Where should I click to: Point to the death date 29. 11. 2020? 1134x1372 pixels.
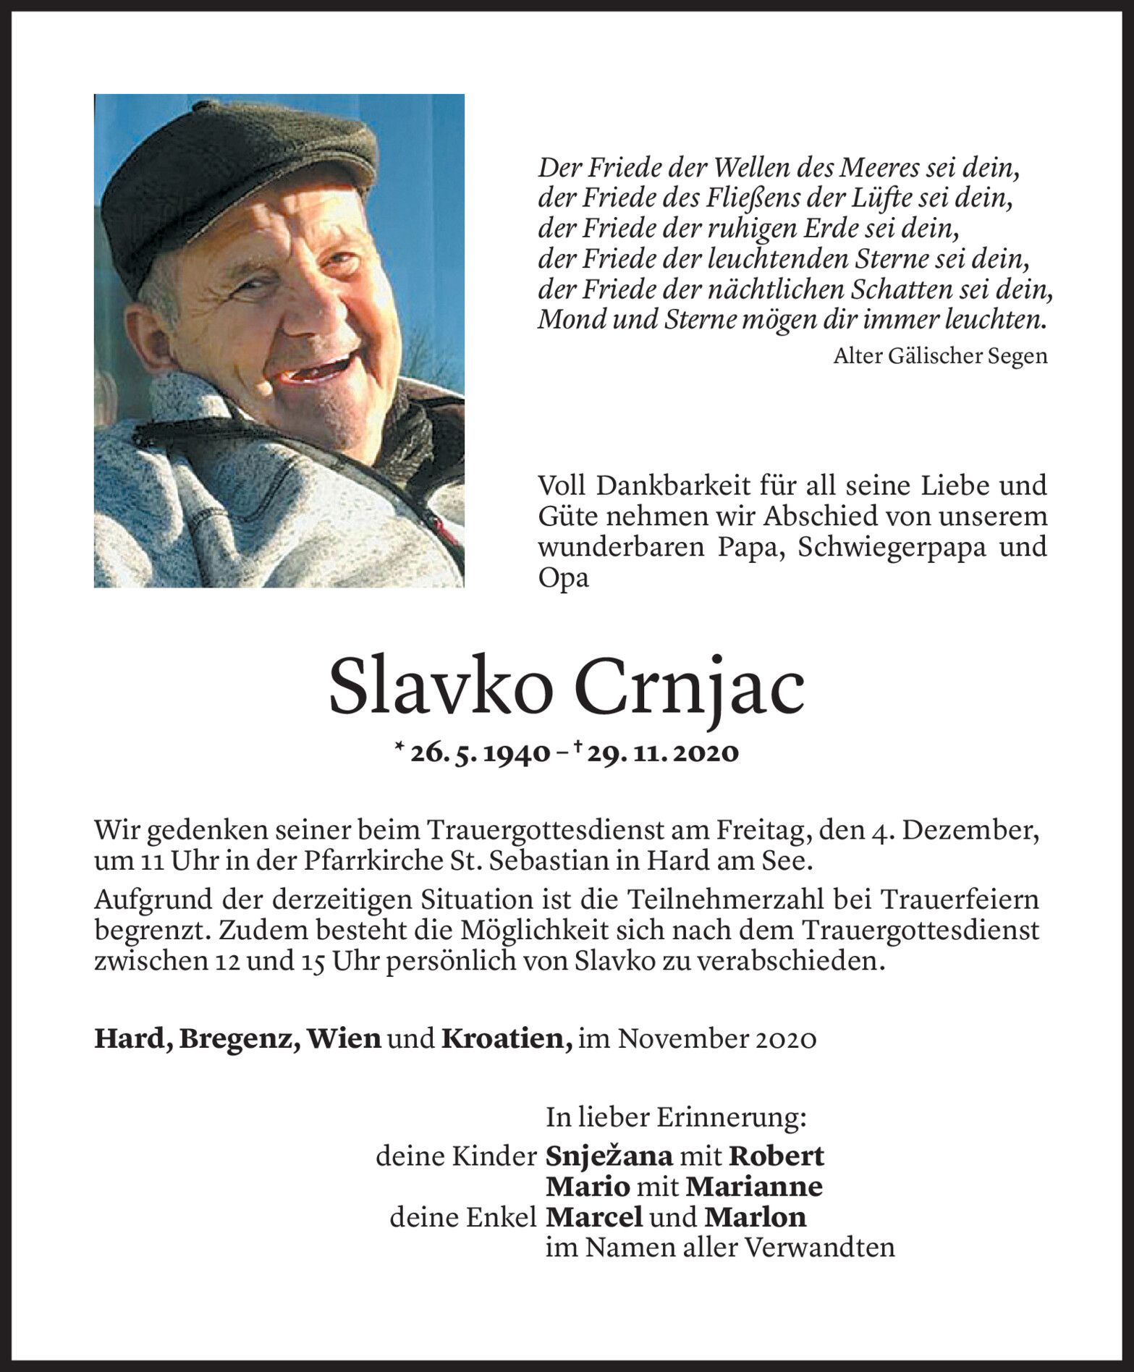coord(663,753)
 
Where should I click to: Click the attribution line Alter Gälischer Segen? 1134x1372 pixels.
coord(940,356)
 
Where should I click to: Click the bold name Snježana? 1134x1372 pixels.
coord(609,1156)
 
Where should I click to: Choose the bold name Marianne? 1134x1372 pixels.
coord(754,1187)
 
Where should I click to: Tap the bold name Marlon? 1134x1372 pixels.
coord(755,1217)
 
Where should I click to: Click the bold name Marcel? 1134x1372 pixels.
coord(594,1217)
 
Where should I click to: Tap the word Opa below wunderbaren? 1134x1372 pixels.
coord(563,579)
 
